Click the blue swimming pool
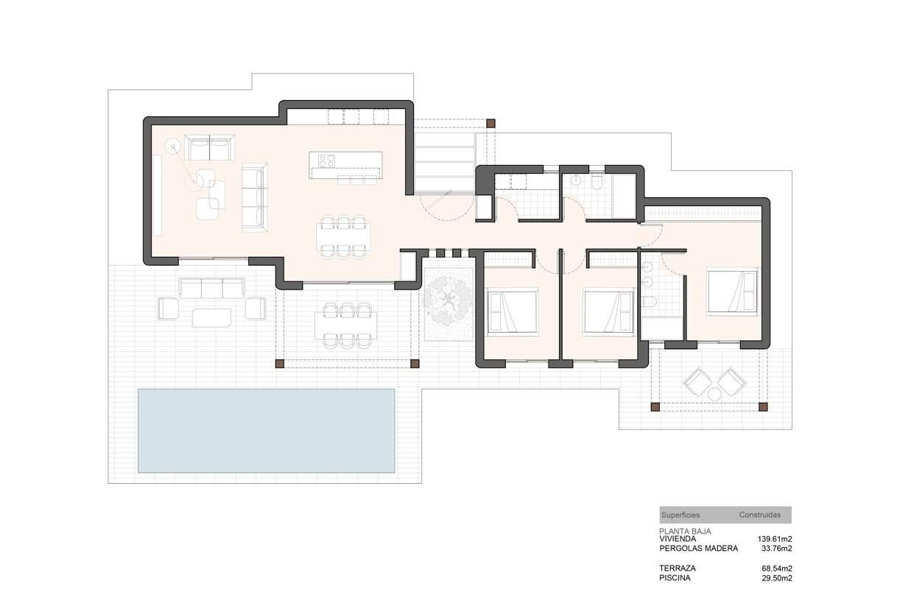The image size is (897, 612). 267,431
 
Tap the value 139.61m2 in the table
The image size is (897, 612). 775,539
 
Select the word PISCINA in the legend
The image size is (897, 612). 675,578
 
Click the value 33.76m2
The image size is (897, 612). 777,549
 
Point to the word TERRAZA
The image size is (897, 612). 678,568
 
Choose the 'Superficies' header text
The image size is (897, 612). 680,515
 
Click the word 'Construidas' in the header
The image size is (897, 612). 759,515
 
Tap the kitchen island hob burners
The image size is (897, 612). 327,161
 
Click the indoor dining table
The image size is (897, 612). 343,236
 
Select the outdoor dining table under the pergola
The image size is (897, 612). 346,326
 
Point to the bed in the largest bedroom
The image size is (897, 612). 732,291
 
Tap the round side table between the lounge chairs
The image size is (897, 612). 714,395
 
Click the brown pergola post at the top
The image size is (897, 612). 490,124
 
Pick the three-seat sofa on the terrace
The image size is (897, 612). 211,288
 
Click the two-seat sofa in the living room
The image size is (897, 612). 209,147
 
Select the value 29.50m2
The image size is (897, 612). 777,578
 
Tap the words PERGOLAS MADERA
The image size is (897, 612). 698,549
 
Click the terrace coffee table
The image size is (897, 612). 211,317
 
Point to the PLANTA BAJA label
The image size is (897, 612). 685,531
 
